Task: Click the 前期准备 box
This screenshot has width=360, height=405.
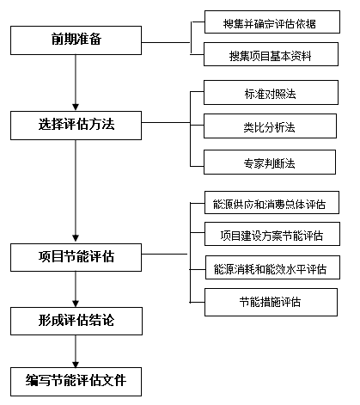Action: [76, 40]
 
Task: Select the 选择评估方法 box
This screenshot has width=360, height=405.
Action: [76, 126]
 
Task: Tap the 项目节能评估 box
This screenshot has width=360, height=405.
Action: [76, 255]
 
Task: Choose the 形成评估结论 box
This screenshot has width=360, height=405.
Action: [76, 320]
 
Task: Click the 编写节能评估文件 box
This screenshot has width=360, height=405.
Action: [76, 379]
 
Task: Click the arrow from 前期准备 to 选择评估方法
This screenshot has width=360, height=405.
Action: [76, 83]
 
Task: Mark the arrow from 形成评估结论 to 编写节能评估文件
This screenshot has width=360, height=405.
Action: [76, 350]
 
